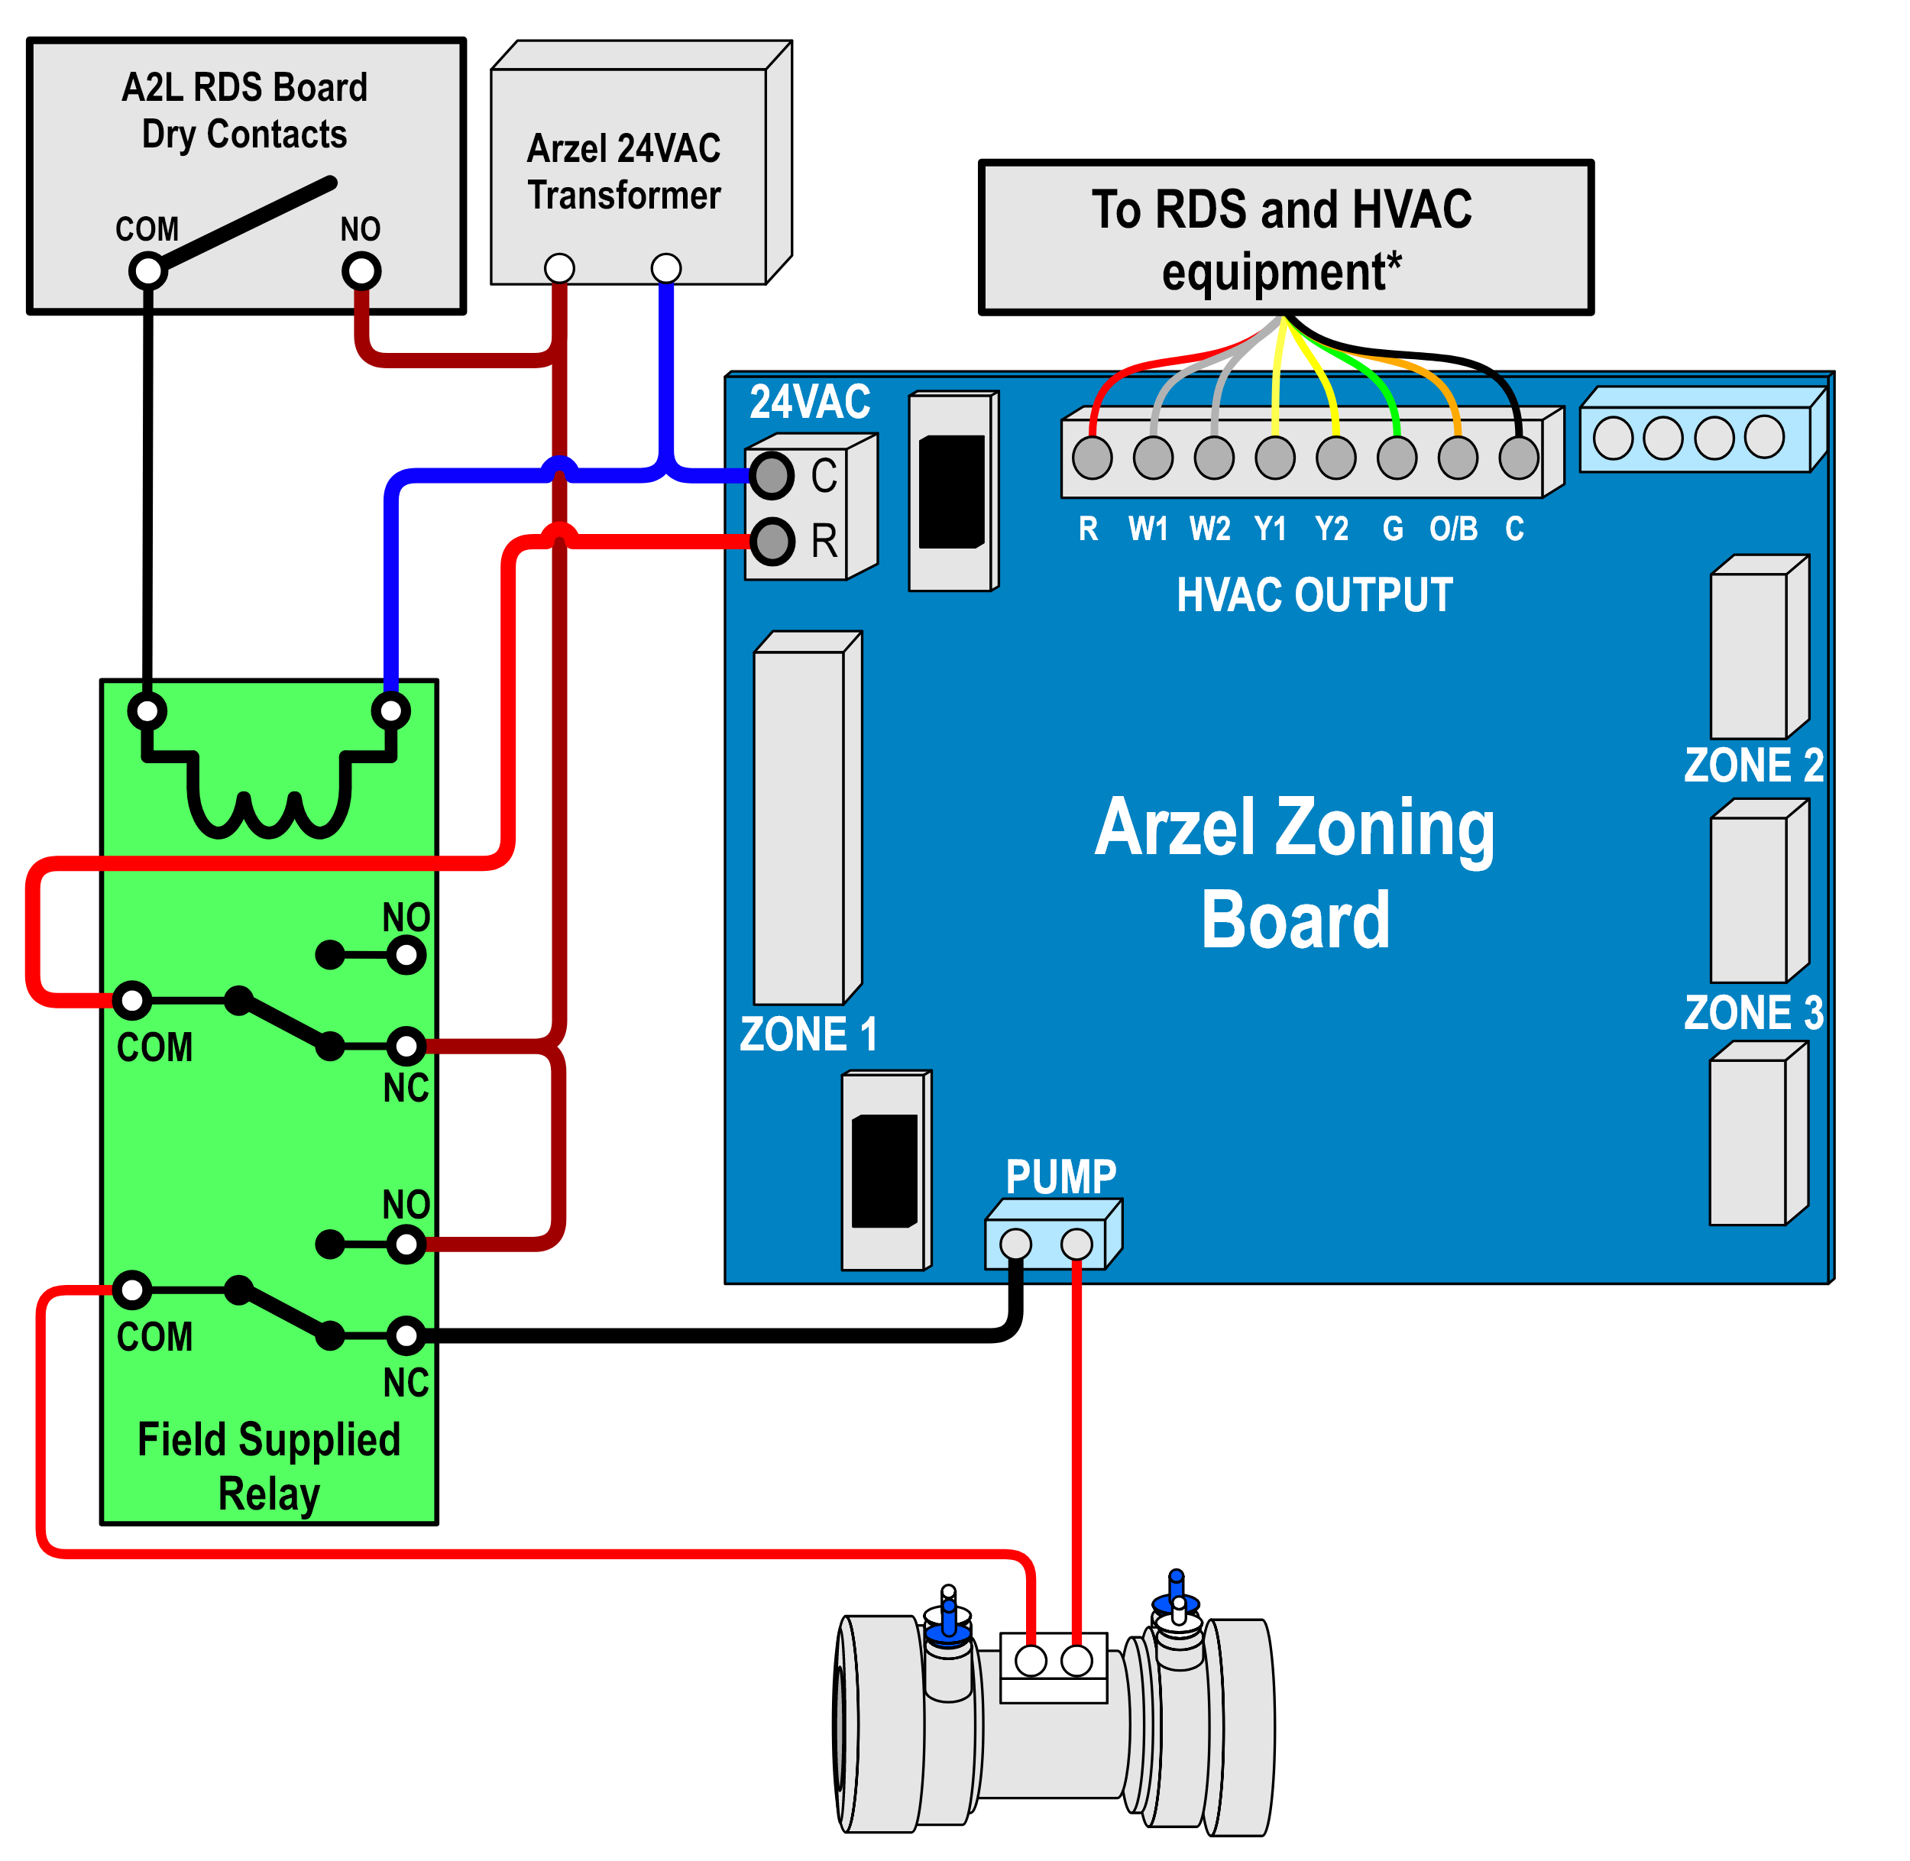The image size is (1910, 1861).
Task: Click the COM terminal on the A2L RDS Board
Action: pyautogui.click(x=147, y=270)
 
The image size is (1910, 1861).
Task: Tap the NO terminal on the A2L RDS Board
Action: pyautogui.click(x=361, y=270)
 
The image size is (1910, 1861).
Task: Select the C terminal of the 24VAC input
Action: pyautogui.click(x=772, y=476)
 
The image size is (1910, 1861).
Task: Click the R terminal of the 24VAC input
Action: pyautogui.click(x=772, y=541)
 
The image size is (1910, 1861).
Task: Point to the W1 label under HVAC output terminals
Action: pyautogui.click(x=1148, y=529)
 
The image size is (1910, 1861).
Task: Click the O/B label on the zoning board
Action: pyautogui.click(x=1454, y=529)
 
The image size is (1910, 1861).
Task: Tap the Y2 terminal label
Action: pyautogui.click(x=1332, y=529)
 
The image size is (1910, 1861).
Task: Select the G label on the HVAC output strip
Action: pyautogui.click(x=1393, y=529)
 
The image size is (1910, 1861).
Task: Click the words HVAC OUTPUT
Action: pyautogui.click(x=1315, y=595)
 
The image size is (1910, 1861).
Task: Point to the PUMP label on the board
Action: pyautogui.click(x=1060, y=1176)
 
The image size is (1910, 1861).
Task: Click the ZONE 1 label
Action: pyautogui.click(x=808, y=1034)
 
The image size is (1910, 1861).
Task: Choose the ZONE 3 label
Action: pyautogui.click(x=1753, y=1012)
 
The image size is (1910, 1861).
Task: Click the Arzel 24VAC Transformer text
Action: pyautogui.click(x=623, y=172)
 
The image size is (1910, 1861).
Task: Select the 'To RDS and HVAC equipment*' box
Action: pyautogui.click(x=1285, y=238)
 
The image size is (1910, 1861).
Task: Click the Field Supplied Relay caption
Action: pyautogui.click(x=269, y=1466)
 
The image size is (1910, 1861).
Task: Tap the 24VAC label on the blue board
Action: pyautogui.click(x=809, y=402)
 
